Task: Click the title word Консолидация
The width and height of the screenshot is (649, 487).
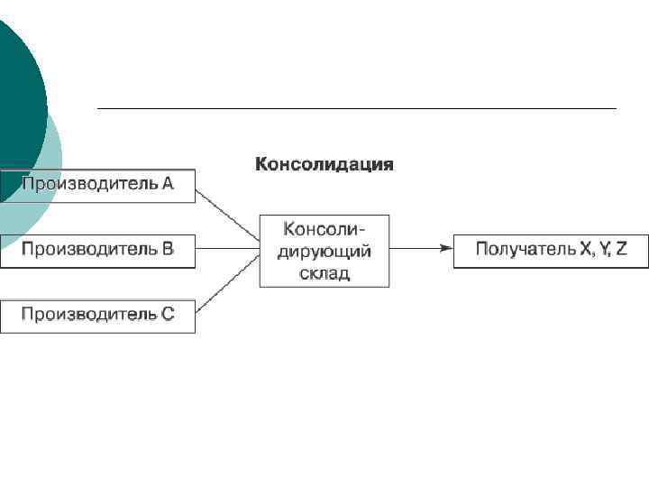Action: (324, 164)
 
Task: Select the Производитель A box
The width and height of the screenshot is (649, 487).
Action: (97, 185)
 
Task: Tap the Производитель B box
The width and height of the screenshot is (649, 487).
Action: (97, 250)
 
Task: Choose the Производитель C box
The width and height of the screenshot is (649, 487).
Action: (97, 316)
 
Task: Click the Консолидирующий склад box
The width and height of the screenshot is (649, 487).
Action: (324, 250)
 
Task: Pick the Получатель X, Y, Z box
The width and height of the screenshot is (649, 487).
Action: (551, 250)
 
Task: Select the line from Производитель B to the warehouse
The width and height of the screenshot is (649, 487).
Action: (227, 248)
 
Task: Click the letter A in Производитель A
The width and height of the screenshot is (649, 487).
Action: (168, 184)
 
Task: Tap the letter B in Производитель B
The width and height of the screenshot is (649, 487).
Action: (168, 249)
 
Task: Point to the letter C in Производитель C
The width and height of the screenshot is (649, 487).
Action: (168, 315)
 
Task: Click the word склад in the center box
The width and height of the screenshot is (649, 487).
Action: (324, 272)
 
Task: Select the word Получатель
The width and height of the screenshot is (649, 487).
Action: (518, 249)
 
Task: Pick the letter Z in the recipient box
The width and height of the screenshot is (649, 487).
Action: (622, 249)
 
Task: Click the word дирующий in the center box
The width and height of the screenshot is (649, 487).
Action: (324, 251)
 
